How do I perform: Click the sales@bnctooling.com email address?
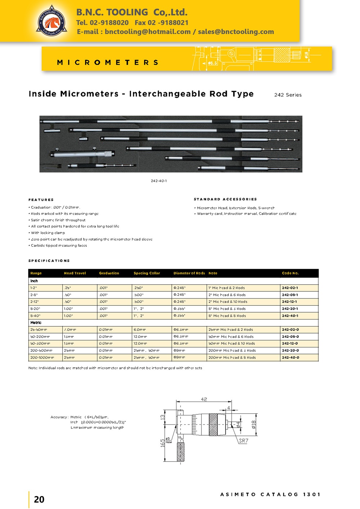(236, 32)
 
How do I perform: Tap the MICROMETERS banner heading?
(108, 63)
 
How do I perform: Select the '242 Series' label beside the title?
(288, 95)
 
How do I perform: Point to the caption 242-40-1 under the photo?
(159, 181)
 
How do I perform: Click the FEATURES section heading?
(41, 200)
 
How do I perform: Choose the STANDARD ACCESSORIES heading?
(225, 199)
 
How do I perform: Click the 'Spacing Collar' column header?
(147, 273)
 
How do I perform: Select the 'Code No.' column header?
(290, 273)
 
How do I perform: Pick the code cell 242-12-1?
(290, 302)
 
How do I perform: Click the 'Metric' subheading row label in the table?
(36, 323)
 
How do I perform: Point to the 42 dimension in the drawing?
(204, 399)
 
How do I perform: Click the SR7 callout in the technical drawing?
(244, 441)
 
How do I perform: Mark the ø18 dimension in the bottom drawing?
(254, 425)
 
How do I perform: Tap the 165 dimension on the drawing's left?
(162, 442)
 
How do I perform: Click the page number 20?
(39, 499)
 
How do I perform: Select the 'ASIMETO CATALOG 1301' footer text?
(270, 495)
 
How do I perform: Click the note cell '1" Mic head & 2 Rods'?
(226, 288)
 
